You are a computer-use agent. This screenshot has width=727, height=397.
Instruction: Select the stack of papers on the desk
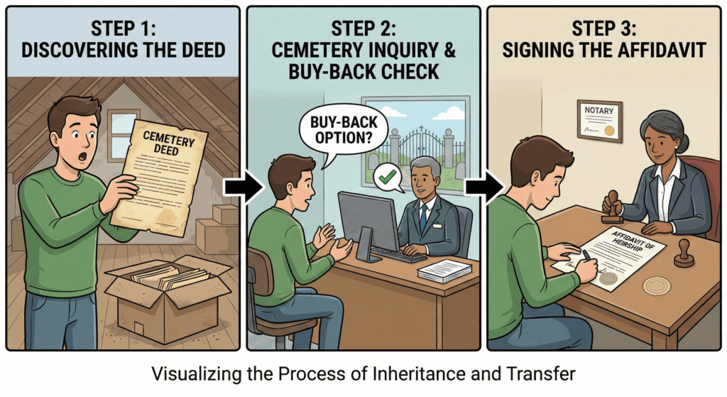pyautogui.click(x=444, y=271)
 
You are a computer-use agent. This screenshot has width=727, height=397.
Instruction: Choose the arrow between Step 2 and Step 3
pyautogui.click(x=477, y=187)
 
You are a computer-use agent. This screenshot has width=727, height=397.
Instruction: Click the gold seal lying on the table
pyautogui.click(x=656, y=285)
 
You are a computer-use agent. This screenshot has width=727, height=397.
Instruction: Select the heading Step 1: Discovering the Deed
pyautogui.click(x=121, y=40)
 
